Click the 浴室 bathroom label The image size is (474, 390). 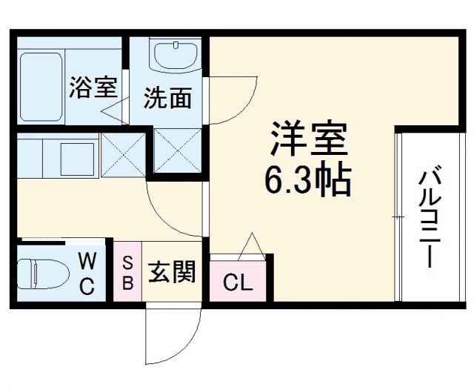point(93,87)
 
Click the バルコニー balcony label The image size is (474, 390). point(427,219)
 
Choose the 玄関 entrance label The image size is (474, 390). point(172,273)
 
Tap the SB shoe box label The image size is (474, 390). point(127,272)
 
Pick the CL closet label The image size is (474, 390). point(238,282)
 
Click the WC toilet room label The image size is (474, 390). point(87,273)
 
